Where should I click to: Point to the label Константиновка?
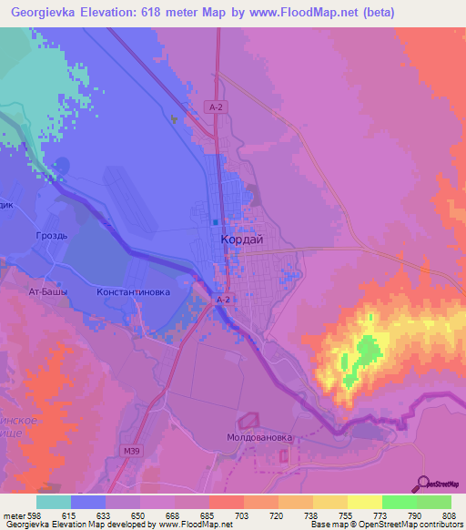133,292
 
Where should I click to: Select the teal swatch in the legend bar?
54,502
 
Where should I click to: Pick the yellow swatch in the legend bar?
365,502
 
